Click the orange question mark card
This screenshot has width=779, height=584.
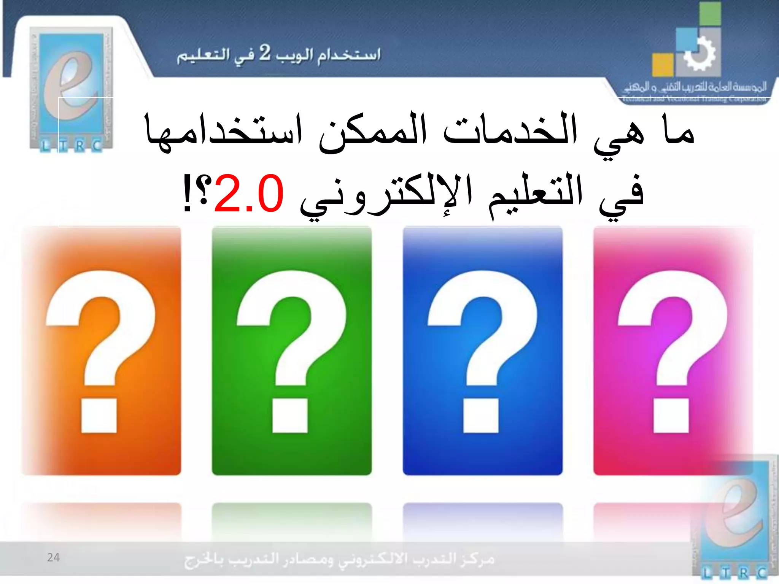101,351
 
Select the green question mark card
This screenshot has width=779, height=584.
292,351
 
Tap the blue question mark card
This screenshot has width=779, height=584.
482,351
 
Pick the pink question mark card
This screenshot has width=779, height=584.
673,351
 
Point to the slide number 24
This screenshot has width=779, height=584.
53,557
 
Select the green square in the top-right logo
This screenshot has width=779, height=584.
710,14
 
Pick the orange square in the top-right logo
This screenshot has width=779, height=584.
663,65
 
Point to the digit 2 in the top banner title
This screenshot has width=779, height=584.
265,53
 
